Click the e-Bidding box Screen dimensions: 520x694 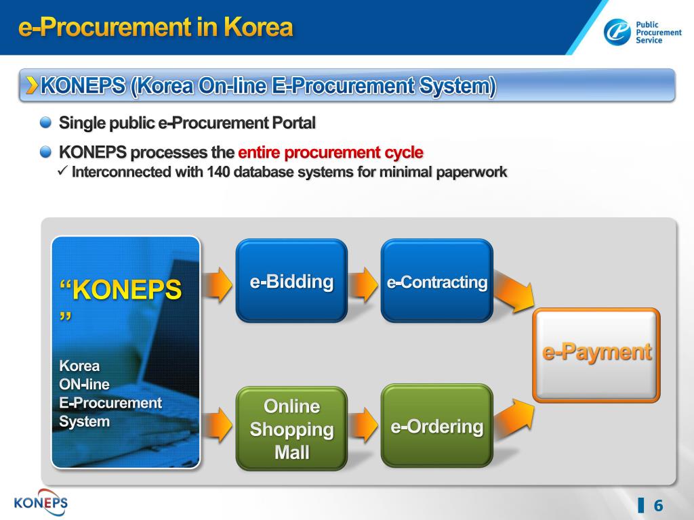[x=291, y=280]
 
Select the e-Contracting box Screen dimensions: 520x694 [x=437, y=280]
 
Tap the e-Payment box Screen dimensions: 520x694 [x=596, y=353]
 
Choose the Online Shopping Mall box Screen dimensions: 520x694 [x=291, y=428]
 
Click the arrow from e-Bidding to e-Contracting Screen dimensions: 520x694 [x=365, y=284]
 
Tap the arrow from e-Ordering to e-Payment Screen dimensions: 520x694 [x=513, y=416]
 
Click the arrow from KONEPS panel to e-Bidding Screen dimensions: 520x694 [x=218, y=284]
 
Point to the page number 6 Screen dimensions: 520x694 [x=657, y=506]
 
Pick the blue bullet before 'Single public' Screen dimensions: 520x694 [x=45, y=123]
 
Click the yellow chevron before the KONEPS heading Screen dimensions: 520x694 [x=32, y=85]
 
